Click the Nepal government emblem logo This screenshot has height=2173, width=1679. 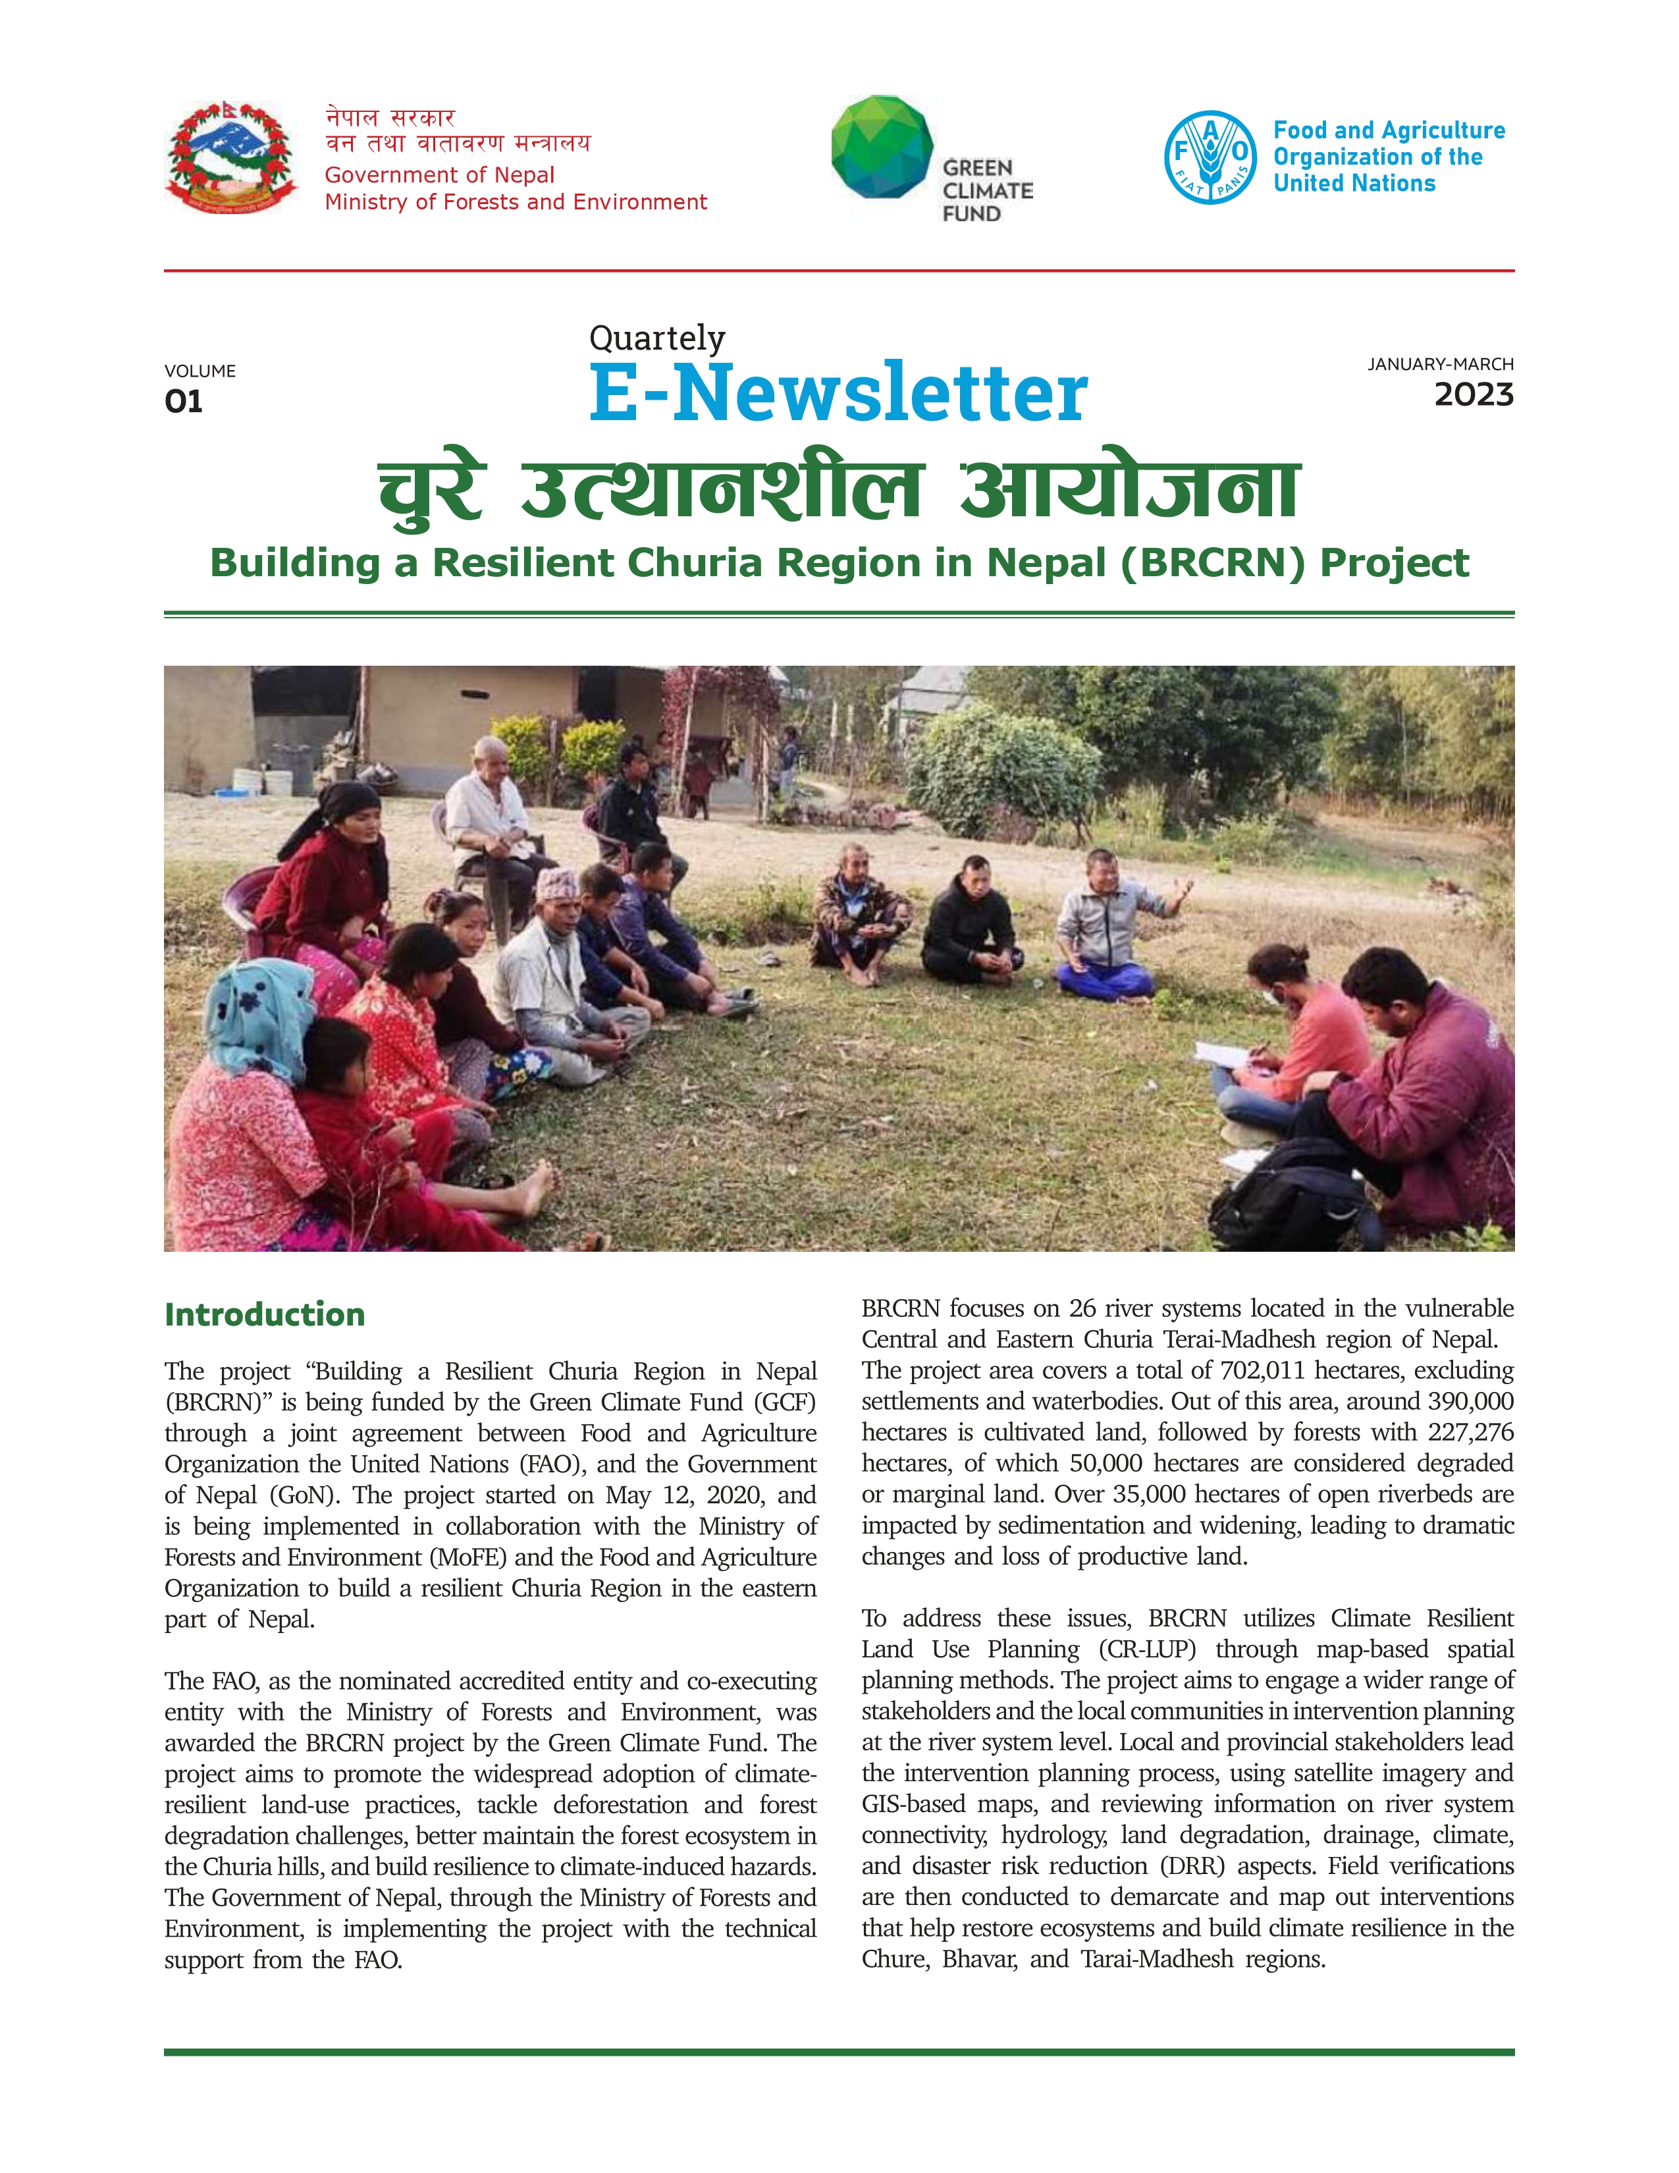click(230, 157)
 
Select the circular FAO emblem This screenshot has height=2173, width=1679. click(1210, 157)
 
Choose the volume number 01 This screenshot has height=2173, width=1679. click(184, 402)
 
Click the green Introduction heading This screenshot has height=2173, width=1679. click(265, 1314)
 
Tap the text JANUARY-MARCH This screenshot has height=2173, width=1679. click(1439, 364)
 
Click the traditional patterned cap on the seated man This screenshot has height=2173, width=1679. click(556, 884)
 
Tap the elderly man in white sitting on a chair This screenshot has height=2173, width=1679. click(489, 804)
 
